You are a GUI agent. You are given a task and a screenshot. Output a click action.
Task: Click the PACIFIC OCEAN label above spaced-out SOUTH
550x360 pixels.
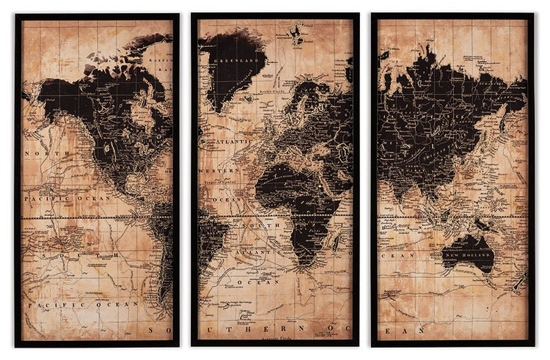click(x=67, y=198)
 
